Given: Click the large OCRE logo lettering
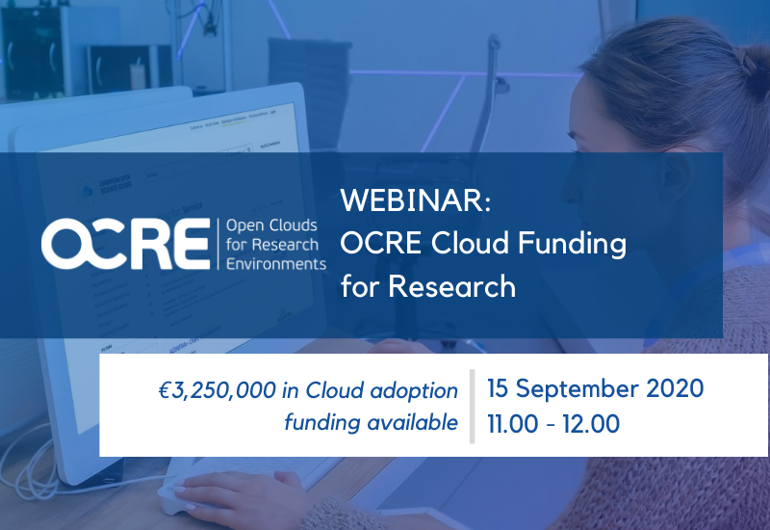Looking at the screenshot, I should (125, 244).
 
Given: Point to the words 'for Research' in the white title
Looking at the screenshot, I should (427, 286).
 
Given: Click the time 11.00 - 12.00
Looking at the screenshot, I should (552, 423).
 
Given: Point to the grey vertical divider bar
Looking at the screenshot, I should (473, 405).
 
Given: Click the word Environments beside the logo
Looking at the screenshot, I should (274, 263).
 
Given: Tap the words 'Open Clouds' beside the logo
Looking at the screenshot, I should (269, 225).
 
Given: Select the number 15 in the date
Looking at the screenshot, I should (499, 388).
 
